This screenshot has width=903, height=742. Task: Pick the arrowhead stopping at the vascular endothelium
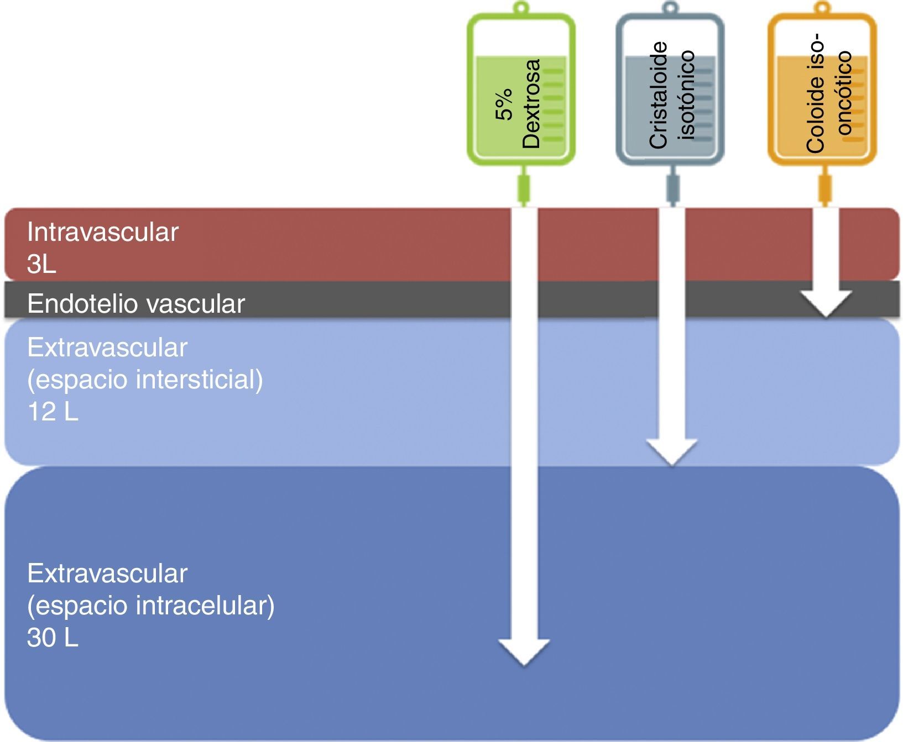826,303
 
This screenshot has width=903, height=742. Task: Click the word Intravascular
103,232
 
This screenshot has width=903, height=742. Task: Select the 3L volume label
41,265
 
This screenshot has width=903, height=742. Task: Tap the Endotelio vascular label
136,304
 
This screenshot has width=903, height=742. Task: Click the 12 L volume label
53,412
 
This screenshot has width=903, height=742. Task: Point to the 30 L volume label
53,638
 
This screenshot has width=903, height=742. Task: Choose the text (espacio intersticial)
145,380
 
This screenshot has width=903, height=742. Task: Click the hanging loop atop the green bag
520,8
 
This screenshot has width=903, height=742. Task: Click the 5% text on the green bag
504,114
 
